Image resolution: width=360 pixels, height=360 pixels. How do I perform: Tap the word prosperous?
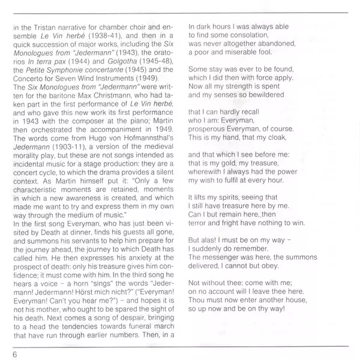(x=208, y=128)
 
